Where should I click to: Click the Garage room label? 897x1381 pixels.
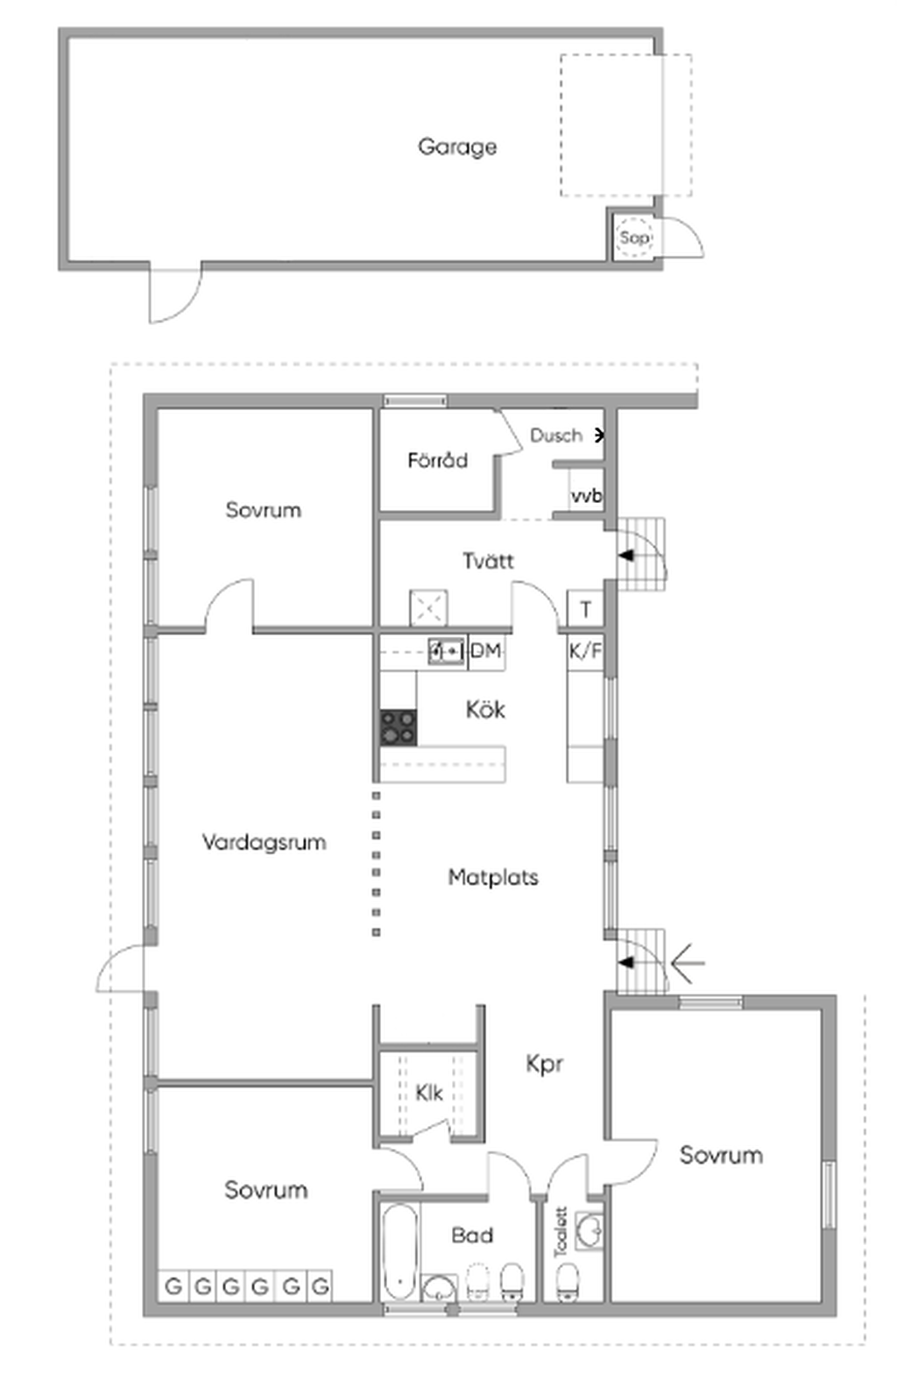tap(457, 146)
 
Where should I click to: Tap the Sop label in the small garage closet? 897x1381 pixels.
tap(634, 238)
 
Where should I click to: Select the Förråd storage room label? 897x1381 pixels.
tap(437, 460)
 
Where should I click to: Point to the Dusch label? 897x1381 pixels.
tap(556, 436)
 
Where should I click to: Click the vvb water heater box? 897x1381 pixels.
tap(586, 495)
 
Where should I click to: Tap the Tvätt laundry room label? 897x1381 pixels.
tap(488, 561)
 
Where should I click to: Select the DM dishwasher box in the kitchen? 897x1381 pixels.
tap(486, 651)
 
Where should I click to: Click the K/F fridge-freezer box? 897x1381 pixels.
tap(584, 651)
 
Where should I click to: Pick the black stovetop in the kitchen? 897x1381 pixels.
tap(399, 728)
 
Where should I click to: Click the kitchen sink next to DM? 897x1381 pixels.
tap(447, 651)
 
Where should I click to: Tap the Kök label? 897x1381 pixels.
tap(485, 711)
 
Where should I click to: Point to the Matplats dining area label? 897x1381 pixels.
tap(493, 876)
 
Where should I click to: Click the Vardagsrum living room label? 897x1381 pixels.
tap(264, 842)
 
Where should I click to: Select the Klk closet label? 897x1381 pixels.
tap(429, 1093)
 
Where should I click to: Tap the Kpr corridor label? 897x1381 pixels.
tap(544, 1064)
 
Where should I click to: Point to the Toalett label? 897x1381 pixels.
tap(561, 1232)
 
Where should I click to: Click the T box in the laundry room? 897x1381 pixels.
tap(585, 610)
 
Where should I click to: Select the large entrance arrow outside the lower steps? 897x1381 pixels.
tap(687, 962)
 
